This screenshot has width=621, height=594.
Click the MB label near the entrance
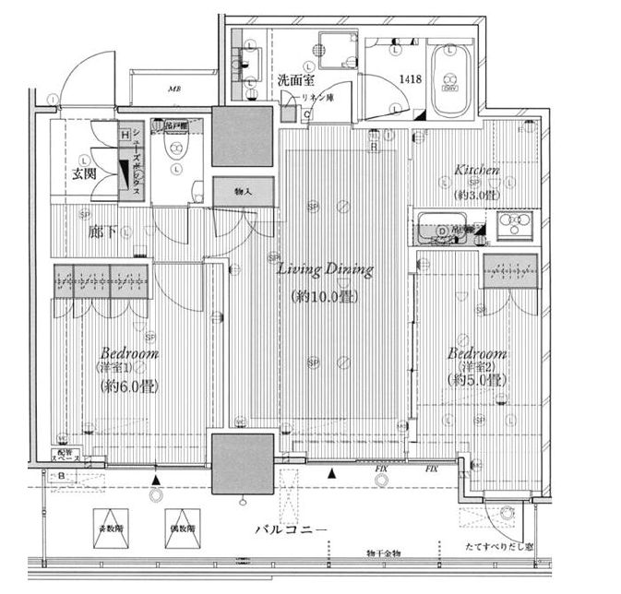click(173, 89)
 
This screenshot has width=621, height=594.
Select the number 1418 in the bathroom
click(411, 80)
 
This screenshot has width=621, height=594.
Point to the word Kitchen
click(477, 171)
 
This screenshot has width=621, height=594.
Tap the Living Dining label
click(326, 271)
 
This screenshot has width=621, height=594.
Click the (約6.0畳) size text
click(128, 386)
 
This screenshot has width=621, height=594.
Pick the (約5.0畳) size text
click(477, 379)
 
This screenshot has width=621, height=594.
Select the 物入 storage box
click(244, 191)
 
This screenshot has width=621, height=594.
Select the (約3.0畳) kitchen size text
click(477, 195)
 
